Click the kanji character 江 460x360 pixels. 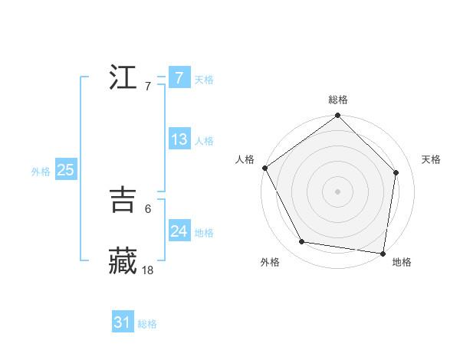(123, 78)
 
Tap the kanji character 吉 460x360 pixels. (123, 200)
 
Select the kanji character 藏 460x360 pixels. (123, 260)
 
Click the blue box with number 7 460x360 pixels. (179, 78)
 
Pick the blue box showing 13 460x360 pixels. (179, 139)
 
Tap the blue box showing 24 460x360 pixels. (179, 231)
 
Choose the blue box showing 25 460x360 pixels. (65, 170)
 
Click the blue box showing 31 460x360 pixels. (122, 322)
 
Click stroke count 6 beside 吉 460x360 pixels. (147, 208)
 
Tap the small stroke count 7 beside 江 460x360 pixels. (147, 86)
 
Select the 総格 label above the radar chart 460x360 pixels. (338, 100)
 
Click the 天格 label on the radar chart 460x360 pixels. (432, 159)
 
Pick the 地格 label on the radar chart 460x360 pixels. (402, 263)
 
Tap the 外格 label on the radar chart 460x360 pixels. (270, 263)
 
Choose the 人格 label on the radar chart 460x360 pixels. (245, 159)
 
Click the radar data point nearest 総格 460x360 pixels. (338, 116)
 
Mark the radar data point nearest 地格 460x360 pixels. (383, 253)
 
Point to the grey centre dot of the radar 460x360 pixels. (338, 191)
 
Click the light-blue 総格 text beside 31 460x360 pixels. (147, 324)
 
